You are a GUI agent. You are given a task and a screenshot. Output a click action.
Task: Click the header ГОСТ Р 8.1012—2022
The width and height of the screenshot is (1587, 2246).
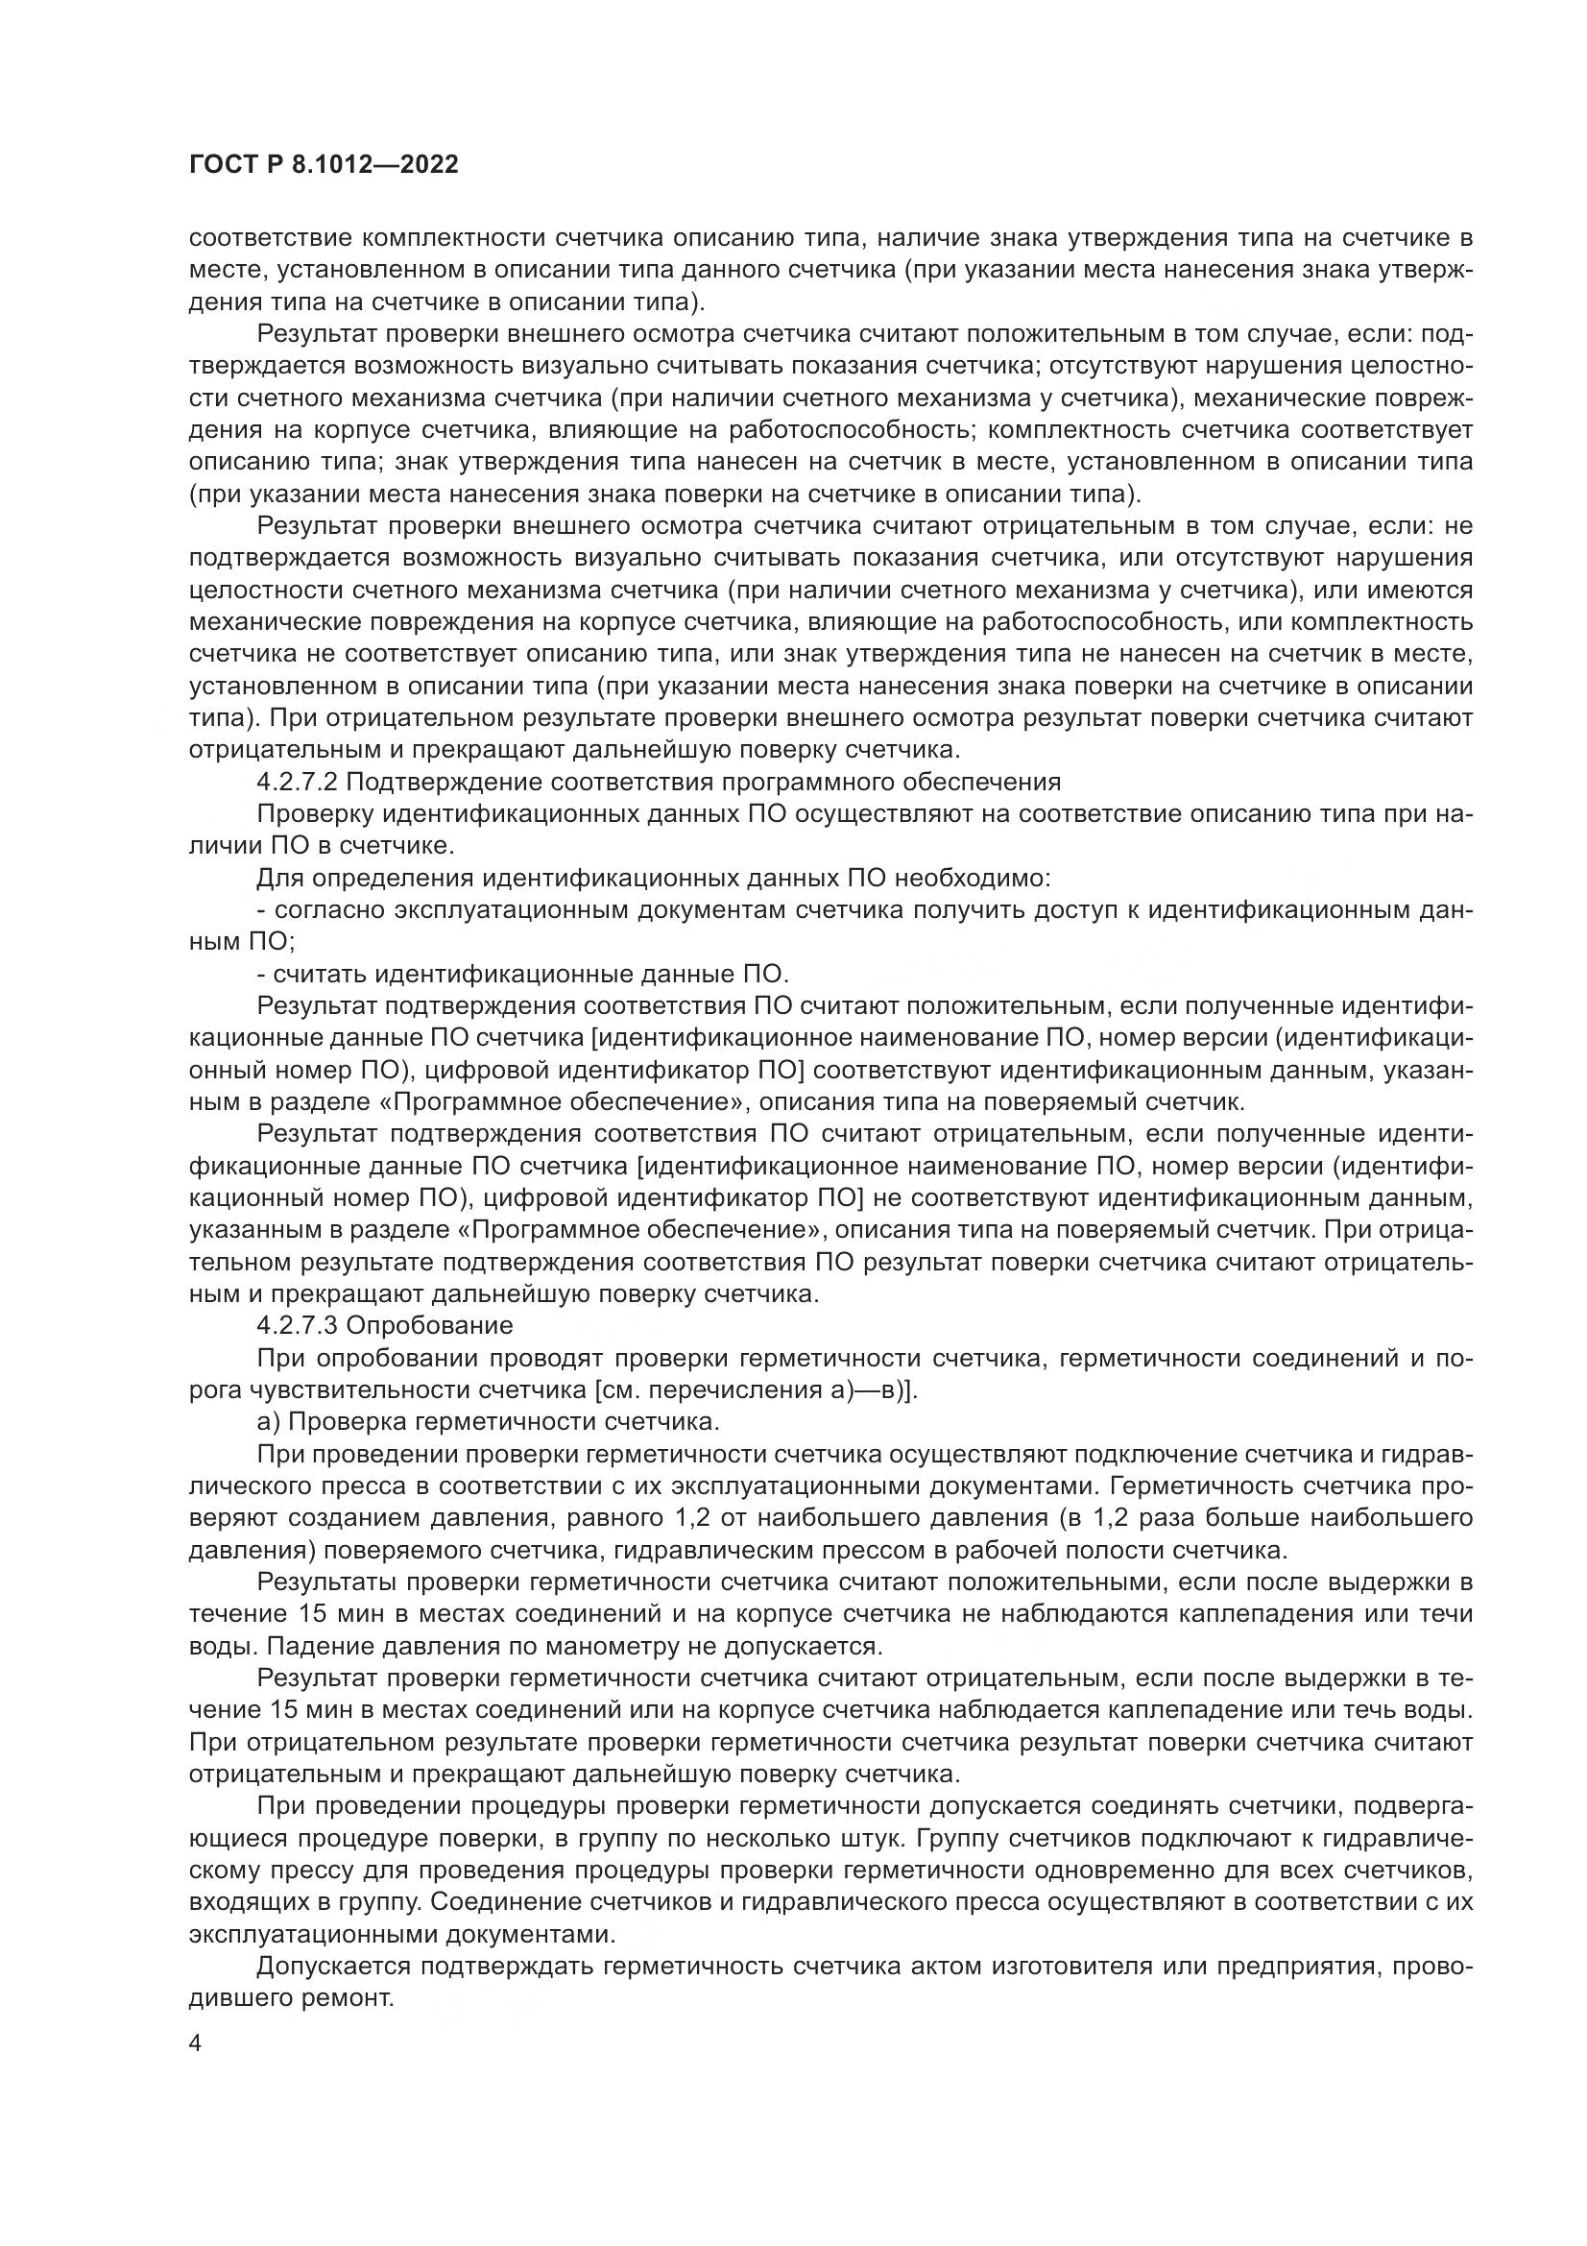324,165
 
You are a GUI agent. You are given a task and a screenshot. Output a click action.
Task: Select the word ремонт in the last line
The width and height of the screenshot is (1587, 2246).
356,1998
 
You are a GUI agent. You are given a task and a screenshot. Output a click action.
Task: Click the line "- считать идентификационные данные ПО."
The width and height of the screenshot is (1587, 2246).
521,975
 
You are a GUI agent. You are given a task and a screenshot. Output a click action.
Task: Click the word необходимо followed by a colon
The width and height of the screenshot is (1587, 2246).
964,879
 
